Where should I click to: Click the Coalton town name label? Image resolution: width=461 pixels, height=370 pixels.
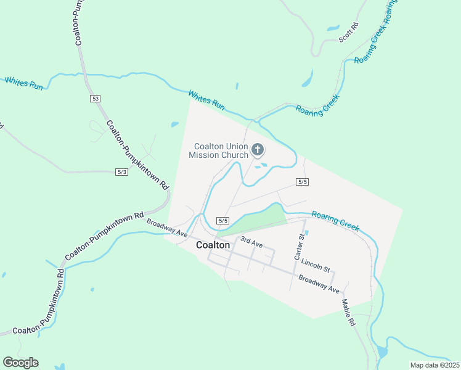point(213,245)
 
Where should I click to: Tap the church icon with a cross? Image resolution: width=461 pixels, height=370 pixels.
point(257,149)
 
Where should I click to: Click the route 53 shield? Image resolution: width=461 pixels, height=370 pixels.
point(94,99)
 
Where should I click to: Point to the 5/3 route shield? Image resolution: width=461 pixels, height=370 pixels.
point(121,171)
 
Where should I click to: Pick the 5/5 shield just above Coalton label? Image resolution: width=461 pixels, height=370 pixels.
point(223,221)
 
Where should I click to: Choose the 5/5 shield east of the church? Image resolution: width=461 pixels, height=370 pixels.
point(302,181)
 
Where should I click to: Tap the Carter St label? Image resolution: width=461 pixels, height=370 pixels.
point(301,247)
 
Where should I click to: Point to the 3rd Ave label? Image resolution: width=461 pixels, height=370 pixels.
point(251,242)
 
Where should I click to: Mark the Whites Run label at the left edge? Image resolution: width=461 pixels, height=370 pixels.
point(24,84)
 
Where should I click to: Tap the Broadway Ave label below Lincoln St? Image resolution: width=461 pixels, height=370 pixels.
point(319,284)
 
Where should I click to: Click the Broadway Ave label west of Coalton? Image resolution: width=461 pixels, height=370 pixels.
point(166,226)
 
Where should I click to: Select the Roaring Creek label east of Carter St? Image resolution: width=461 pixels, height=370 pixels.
point(335,221)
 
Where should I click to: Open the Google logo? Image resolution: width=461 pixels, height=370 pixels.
point(20,363)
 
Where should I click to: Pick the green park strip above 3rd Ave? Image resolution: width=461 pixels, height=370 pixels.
point(253,221)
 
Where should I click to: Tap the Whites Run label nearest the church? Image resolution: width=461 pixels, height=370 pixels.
point(206,100)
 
